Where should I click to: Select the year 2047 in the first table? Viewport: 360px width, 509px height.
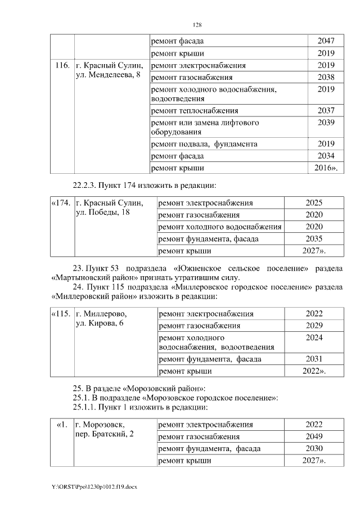[x=326, y=41]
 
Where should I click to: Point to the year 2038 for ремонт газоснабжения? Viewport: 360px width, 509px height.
[x=326, y=77]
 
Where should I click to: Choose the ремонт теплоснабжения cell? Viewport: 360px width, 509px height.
[x=195, y=111]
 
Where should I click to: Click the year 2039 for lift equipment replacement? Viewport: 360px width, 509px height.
[x=326, y=123]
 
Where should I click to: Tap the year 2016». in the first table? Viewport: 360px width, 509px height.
[x=326, y=168]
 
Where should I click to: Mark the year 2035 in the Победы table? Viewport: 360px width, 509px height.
[x=314, y=238]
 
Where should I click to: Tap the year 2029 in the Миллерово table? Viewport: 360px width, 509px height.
[x=314, y=326]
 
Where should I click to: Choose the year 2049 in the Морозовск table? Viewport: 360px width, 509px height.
[x=314, y=436]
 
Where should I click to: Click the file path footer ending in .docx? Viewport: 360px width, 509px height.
[x=93, y=487]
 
